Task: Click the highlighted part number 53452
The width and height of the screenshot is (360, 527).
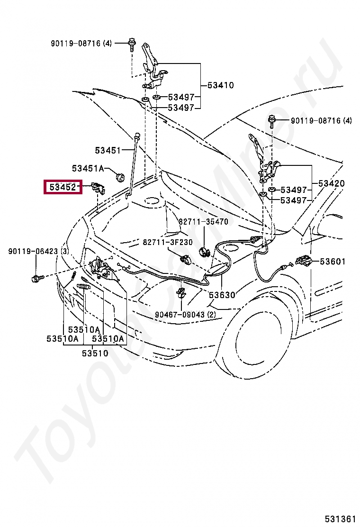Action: tap(63, 188)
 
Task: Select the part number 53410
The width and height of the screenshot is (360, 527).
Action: tap(220, 86)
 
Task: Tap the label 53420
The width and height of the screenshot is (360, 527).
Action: tap(331, 183)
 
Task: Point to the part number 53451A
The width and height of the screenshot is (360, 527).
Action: tap(88, 168)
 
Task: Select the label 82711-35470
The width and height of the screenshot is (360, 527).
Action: tap(203, 222)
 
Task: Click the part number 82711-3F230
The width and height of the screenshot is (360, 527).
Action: tap(168, 242)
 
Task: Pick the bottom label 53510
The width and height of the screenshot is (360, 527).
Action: tap(95, 353)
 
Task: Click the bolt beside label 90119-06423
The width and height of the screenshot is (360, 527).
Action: tap(38, 277)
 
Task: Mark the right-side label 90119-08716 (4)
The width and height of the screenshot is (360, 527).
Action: tap(321, 121)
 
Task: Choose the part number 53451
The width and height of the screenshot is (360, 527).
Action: tap(108, 150)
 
